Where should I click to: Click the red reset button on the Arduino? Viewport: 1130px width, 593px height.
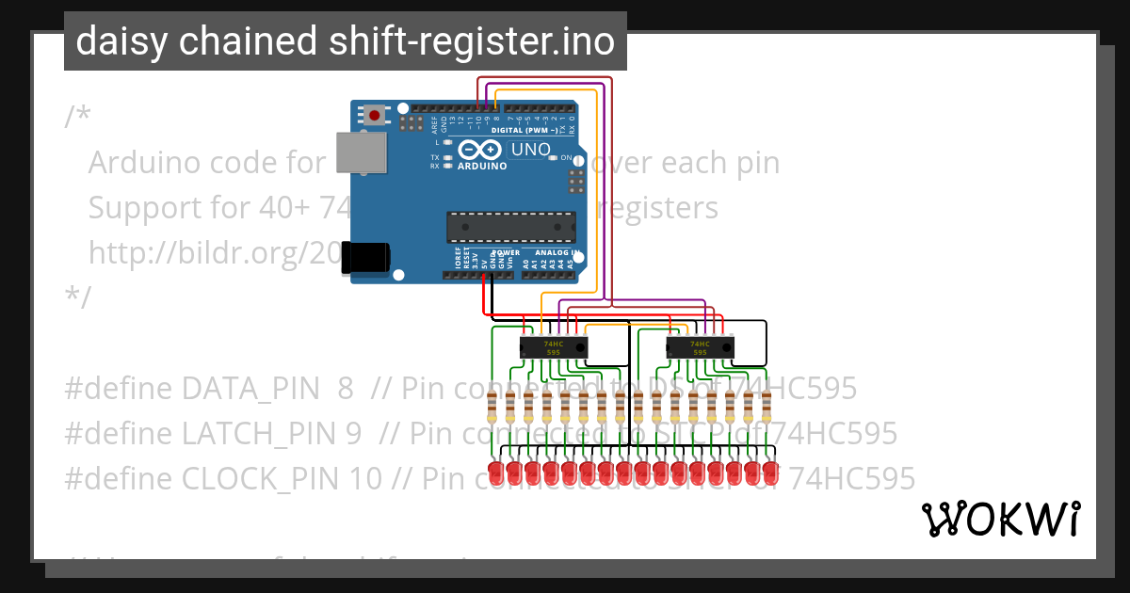pyautogui.click(x=375, y=116)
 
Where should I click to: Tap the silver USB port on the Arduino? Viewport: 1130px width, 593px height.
pyautogui.click(x=362, y=152)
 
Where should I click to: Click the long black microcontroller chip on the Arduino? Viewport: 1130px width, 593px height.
pyautogui.click(x=510, y=227)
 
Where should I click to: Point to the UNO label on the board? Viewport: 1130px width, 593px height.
pyautogui.click(x=530, y=150)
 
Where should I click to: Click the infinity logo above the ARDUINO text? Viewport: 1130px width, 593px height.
pyautogui.click(x=481, y=150)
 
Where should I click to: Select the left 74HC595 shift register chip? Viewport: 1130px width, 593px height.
pyautogui.click(x=554, y=347)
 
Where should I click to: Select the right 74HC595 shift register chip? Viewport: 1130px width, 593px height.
pyautogui.click(x=700, y=347)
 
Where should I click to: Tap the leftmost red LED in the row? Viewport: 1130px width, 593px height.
pyautogui.click(x=495, y=471)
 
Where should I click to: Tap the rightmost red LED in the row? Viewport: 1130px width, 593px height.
pyautogui.click(x=770, y=471)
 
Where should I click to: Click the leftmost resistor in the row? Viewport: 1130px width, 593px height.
pyautogui.click(x=492, y=409)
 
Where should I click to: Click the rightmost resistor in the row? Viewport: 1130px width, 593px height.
pyautogui.click(x=767, y=409)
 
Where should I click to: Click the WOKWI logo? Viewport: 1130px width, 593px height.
pyautogui.click(x=1000, y=519)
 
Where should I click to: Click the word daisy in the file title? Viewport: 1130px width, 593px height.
pyautogui.click(x=117, y=41)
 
